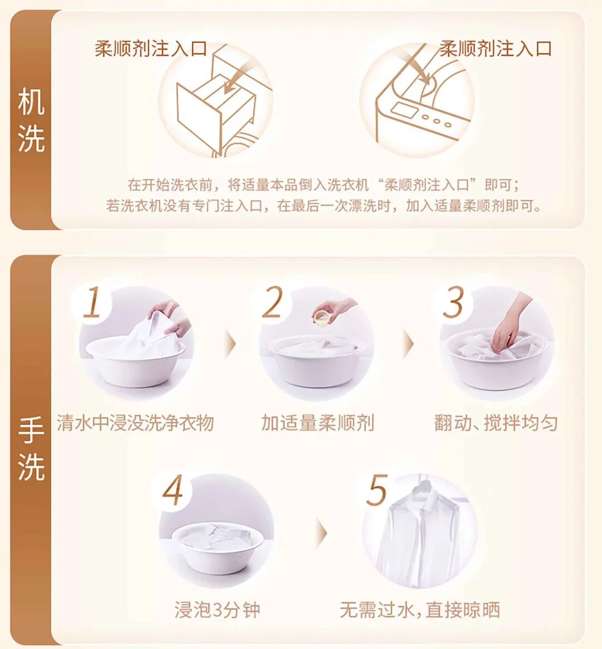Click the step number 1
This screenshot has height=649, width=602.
tap(93, 302)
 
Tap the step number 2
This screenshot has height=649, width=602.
tap(273, 302)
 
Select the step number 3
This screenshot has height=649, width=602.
tap(453, 302)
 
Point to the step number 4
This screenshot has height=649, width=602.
tap(173, 490)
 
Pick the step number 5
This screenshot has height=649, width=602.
tap(377, 490)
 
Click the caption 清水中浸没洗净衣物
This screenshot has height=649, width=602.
tap(135, 423)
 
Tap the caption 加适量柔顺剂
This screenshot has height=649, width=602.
tap(318, 423)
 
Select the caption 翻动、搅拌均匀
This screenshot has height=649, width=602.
tap(496, 423)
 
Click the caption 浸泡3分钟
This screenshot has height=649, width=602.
tap(217, 609)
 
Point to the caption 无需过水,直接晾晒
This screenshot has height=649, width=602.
tap(420, 609)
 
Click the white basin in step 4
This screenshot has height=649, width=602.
tap(217, 546)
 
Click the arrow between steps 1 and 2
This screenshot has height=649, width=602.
tap(230, 344)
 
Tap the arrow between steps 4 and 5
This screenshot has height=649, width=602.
tap(321, 533)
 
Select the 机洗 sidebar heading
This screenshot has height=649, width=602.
tap(31, 120)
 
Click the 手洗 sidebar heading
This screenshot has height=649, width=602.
tap(31, 448)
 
